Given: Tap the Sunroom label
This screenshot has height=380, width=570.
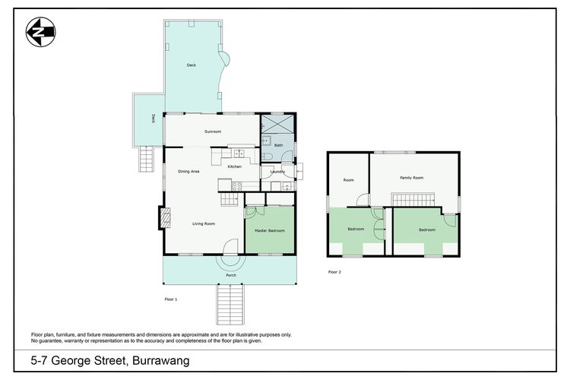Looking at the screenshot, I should tap(213, 131).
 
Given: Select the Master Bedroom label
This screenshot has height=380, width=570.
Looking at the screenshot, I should tap(270, 230).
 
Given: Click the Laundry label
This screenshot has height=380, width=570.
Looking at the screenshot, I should tap(277, 172).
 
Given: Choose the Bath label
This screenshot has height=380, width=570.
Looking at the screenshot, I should tap(278, 145).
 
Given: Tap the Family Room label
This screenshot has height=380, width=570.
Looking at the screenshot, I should tap(412, 177).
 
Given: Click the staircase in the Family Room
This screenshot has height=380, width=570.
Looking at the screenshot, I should tap(411, 199).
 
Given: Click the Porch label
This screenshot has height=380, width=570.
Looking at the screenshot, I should tap(230, 275).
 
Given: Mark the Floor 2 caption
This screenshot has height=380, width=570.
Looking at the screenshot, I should tap(334, 271).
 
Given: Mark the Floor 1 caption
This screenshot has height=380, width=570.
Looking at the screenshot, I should tap(171, 299).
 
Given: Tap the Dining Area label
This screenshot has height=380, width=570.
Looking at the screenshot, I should tap(188, 172).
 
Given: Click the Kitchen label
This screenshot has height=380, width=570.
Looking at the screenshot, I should tap(235, 166).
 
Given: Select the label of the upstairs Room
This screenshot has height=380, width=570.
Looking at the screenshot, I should tap(349, 180).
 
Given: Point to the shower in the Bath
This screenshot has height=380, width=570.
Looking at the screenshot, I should tap(277, 124).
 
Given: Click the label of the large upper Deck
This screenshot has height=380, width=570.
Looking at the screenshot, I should tap(192, 66).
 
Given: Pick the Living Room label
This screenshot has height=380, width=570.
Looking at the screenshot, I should tap(204, 223).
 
